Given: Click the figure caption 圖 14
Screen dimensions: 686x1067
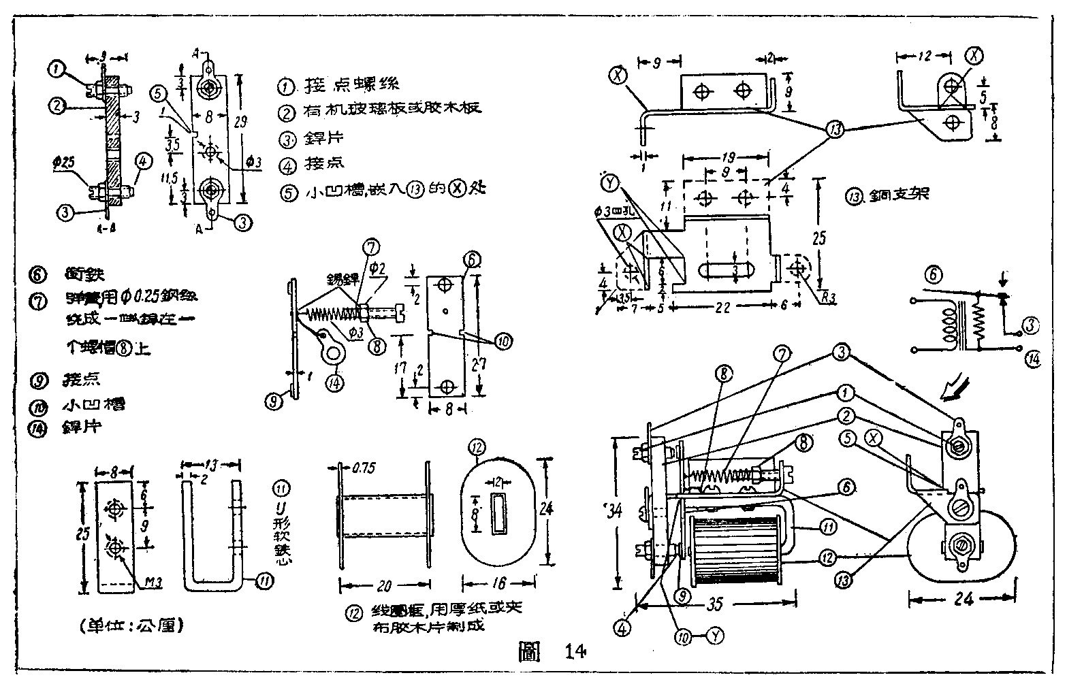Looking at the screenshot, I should [550, 651].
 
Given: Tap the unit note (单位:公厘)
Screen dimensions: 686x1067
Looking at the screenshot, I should [131, 625].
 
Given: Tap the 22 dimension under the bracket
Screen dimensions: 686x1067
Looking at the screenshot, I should [723, 307].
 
